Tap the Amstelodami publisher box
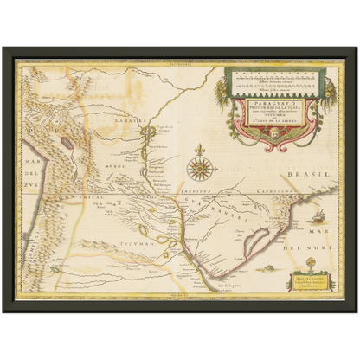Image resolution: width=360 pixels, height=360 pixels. pos(310,282)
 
